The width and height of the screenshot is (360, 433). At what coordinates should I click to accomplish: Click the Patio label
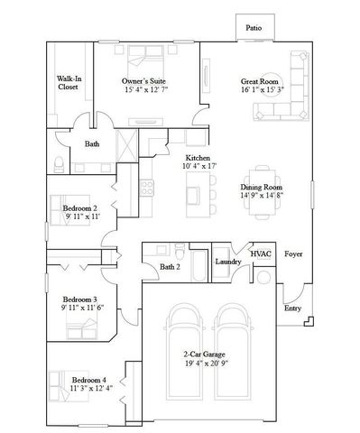pos(254,29)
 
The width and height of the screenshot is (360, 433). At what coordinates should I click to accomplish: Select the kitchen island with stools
pos(193,190)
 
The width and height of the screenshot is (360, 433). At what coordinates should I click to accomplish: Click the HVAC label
pos(261,255)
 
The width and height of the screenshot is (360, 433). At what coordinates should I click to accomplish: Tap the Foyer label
pos(293,254)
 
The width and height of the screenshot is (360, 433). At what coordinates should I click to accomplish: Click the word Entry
pos(292,308)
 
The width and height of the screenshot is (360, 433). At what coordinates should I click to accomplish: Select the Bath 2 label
pos(170,267)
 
